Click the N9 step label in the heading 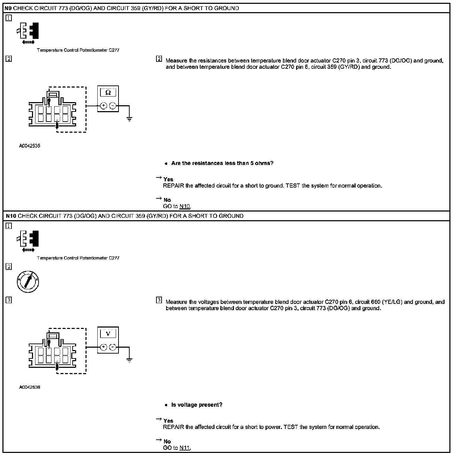(x=9, y=8)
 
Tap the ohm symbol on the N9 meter (x=108, y=93)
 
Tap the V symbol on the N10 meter (x=108, y=334)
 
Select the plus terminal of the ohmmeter (x=103, y=106)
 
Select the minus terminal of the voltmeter (x=113, y=347)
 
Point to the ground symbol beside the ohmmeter (x=129, y=119)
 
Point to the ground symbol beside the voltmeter (x=129, y=360)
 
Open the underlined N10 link (x=185, y=206)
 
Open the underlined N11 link (x=185, y=448)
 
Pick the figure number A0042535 (x=30, y=146)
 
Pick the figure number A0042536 (x=30, y=387)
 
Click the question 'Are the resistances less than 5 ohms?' (x=222, y=163)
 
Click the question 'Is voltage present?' (x=197, y=405)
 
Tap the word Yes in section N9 (x=168, y=180)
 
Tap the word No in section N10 (x=167, y=441)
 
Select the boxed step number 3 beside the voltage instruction (x=159, y=300)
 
